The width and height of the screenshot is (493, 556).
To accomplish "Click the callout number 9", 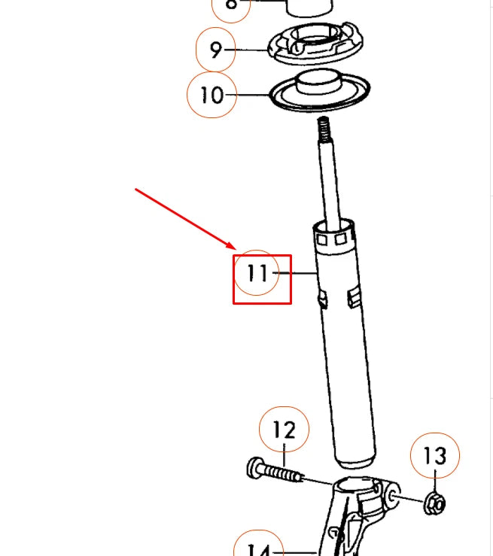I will click(x=216, y=50).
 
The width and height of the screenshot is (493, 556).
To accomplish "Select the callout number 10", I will click(x=212, y=96).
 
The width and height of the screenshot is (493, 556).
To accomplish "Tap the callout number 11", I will click(x=257, y=272).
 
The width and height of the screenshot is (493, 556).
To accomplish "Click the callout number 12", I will click(x=284, y=430).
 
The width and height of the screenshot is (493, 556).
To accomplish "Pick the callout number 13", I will click(x=434, y=456).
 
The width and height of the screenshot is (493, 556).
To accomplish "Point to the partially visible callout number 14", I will click(x=258, y=549).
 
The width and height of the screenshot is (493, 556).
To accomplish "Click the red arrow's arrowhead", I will click(x=234, y=247).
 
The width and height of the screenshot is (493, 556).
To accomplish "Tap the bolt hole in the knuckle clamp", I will click(x=394, y=497).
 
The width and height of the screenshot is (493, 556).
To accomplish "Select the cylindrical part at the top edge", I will click(x=309, y=8).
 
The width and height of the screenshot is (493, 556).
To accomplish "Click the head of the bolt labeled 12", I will click(x=254, y=469).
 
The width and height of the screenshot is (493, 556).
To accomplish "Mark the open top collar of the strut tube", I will click(x=333, y=227).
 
